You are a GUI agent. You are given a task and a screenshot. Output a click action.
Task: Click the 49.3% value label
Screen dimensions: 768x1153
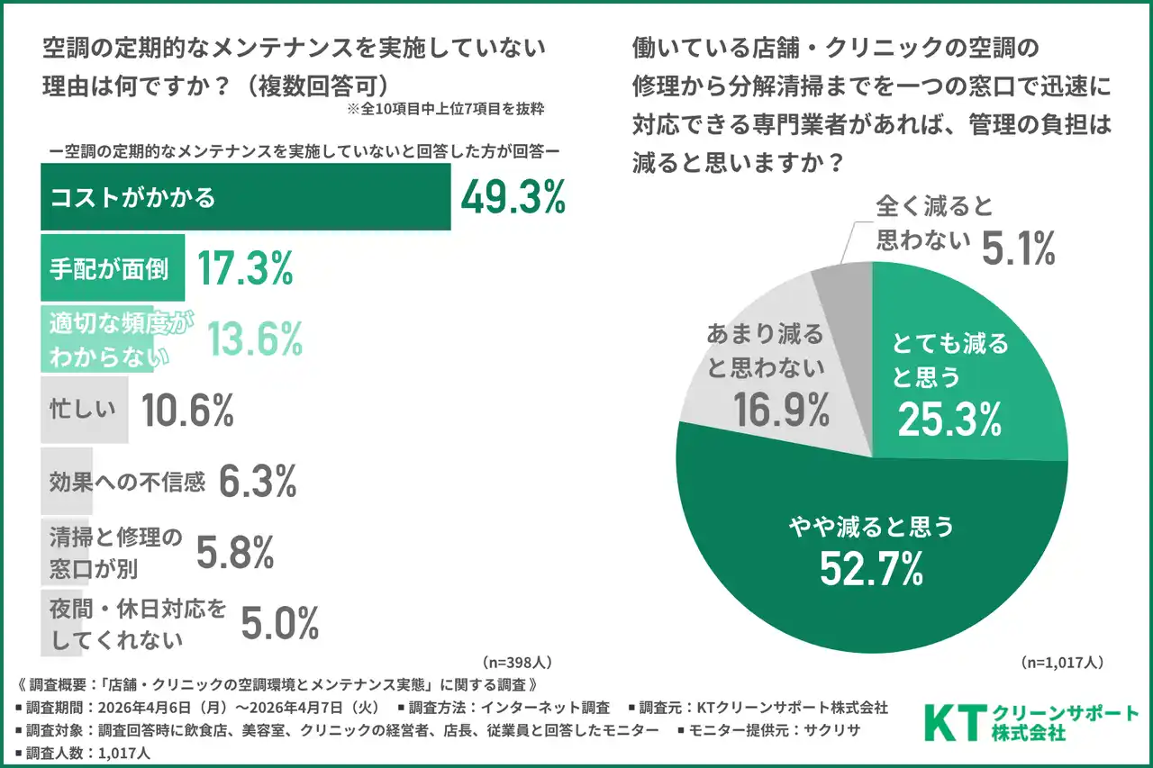513,198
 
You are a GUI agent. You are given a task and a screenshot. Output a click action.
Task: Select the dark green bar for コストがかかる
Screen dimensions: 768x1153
245,198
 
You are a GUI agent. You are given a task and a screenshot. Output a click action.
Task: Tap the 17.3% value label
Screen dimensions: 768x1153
244,267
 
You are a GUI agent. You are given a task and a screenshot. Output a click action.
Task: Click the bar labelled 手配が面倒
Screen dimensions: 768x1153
113,267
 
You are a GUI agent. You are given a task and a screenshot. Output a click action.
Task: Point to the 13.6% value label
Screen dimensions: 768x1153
255,339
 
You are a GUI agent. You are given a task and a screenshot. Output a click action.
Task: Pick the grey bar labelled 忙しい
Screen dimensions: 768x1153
84,410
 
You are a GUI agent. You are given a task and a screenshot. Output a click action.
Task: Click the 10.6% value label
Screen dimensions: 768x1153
187,411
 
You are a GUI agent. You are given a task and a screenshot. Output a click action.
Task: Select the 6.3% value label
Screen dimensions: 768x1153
258,483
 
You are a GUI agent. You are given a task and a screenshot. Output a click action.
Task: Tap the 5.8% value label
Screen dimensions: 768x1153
234,551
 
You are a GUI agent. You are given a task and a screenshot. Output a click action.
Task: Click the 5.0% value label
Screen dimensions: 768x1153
279,623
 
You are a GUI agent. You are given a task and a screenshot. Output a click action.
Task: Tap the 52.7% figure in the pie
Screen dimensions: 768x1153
871,568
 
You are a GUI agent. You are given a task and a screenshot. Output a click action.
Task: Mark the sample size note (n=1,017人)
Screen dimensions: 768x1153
1062,662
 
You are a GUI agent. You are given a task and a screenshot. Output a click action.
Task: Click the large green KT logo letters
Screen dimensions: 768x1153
954,722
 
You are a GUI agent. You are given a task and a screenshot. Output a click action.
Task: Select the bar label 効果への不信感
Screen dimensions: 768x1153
127,483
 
